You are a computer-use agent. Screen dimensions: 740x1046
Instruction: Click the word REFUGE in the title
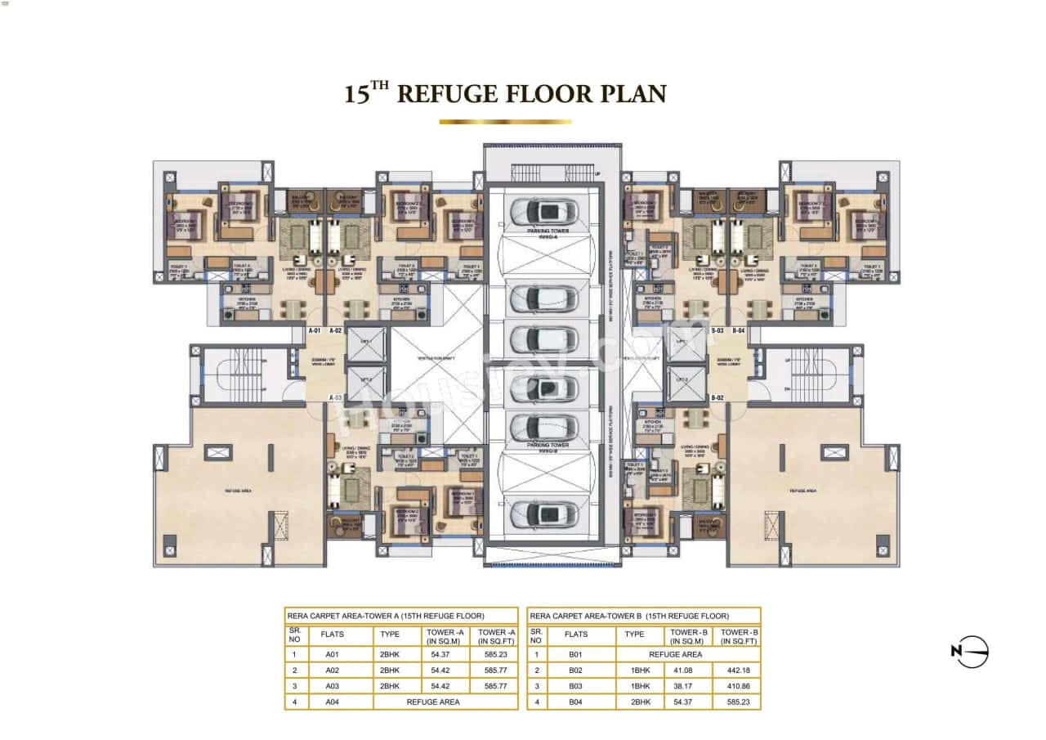point(447,92)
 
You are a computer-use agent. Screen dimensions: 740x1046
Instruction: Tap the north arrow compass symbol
point(970,651)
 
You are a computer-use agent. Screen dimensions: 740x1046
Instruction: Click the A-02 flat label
point(335,330)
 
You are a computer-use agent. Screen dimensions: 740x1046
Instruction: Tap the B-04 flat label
point(739,330)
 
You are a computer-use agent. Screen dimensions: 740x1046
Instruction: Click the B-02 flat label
point(717,397)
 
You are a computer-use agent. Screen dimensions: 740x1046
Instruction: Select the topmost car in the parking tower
point(543,213)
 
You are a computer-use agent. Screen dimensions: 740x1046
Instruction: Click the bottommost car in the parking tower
point(543,514)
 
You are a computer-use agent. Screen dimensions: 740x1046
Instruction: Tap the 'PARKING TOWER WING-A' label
point(548,235)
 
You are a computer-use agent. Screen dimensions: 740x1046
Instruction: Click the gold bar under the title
point(505,122)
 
